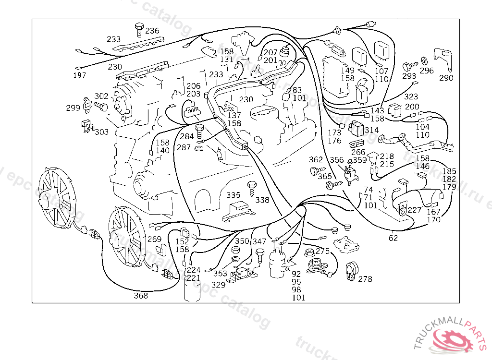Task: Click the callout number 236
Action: click(152, 31)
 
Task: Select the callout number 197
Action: click(80, 75)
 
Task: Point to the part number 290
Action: click(446, 78)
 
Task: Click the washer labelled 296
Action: click(424, 61)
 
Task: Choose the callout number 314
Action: click(371, 130)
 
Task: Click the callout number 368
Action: click(141, 296)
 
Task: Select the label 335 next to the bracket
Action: click(234, 195)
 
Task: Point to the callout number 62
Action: click(393, 237)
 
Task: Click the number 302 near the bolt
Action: click(101, 96)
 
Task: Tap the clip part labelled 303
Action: click(86, 125)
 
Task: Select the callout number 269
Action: click(154, 239)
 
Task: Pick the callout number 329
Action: click(218, 285)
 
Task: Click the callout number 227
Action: click(414, 210)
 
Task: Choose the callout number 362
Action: click(316, 160)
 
